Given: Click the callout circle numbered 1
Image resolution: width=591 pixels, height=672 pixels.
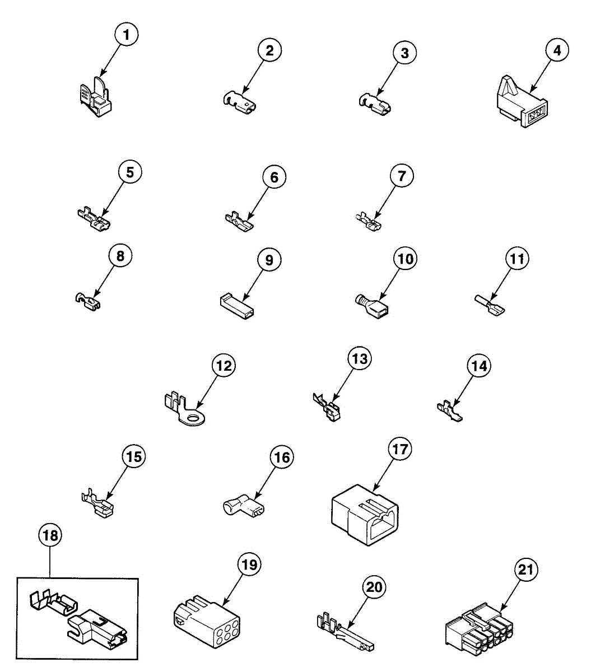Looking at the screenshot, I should coord(126,35).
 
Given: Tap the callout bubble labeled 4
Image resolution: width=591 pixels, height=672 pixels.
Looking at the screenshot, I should coord(556,50).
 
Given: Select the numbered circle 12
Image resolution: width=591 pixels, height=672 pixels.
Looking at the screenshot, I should coord(224,366).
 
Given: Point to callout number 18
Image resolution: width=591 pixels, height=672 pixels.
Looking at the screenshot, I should coord(50,536).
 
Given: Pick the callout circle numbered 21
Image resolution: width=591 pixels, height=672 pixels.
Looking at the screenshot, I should coord(527,570).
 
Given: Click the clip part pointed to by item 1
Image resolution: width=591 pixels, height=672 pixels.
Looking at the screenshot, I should coord(96,98).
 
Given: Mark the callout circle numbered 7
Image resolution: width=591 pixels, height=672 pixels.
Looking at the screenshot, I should coord(402,176).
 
